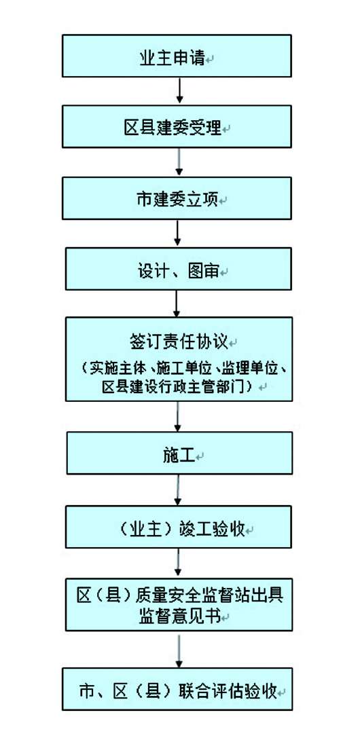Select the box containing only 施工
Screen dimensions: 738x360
179,454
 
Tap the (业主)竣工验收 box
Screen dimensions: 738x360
178,528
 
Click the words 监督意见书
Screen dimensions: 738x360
178,614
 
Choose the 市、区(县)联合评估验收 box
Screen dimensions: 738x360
178,690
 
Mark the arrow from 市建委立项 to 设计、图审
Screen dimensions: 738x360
178,234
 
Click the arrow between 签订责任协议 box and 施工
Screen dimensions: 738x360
178,417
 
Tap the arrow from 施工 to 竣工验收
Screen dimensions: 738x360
178,490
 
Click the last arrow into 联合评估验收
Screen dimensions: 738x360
178,651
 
